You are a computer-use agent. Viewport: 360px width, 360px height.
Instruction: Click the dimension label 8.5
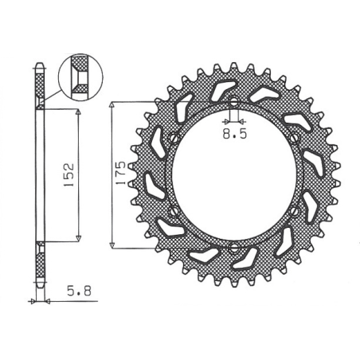(x=235, y=134)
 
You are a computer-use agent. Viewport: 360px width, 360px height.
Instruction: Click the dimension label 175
(x=121, y=173)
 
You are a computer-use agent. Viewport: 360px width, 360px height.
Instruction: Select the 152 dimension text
(x=68, y=174)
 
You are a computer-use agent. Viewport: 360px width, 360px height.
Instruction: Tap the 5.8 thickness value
(x=79, y=291)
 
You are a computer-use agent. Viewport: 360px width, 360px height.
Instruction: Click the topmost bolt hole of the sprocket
(x=233, y=101)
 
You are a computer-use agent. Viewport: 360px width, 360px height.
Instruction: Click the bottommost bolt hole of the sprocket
(x=233, y=248)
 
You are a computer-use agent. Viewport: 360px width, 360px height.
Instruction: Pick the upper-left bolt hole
(x=174, y=138)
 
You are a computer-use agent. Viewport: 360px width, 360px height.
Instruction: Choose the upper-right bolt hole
(x=294, y=138)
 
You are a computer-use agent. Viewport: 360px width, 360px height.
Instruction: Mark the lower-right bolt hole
(x=294, y=211)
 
